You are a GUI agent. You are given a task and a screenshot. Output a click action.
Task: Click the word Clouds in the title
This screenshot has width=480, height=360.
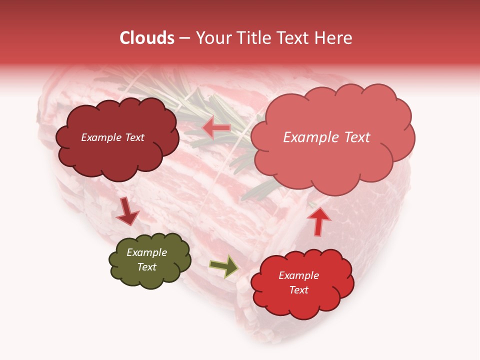click(x=147, y=38)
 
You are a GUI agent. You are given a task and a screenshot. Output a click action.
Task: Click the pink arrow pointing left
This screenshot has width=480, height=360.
click(x=216, y=128)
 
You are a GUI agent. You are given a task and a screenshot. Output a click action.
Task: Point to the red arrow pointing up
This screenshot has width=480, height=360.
click(x=318, y=221)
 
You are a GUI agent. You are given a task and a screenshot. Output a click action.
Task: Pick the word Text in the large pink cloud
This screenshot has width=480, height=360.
click(x=354, y=137)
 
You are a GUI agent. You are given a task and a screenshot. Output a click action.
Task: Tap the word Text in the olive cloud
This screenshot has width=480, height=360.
click(x=147, y=267)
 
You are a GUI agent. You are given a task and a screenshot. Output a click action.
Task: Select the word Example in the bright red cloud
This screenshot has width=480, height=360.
click(x=298, y=275)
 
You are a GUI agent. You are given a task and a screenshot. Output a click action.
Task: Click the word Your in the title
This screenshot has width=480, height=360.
click(x=211, y=38)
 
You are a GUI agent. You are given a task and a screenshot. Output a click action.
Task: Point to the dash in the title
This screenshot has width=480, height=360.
click(x=184, y=38)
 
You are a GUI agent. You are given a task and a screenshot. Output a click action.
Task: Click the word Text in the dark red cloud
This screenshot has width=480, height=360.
click(x=134, y=137)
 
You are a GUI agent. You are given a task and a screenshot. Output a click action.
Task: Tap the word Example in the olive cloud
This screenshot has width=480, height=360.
click(x=147, y=252)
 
